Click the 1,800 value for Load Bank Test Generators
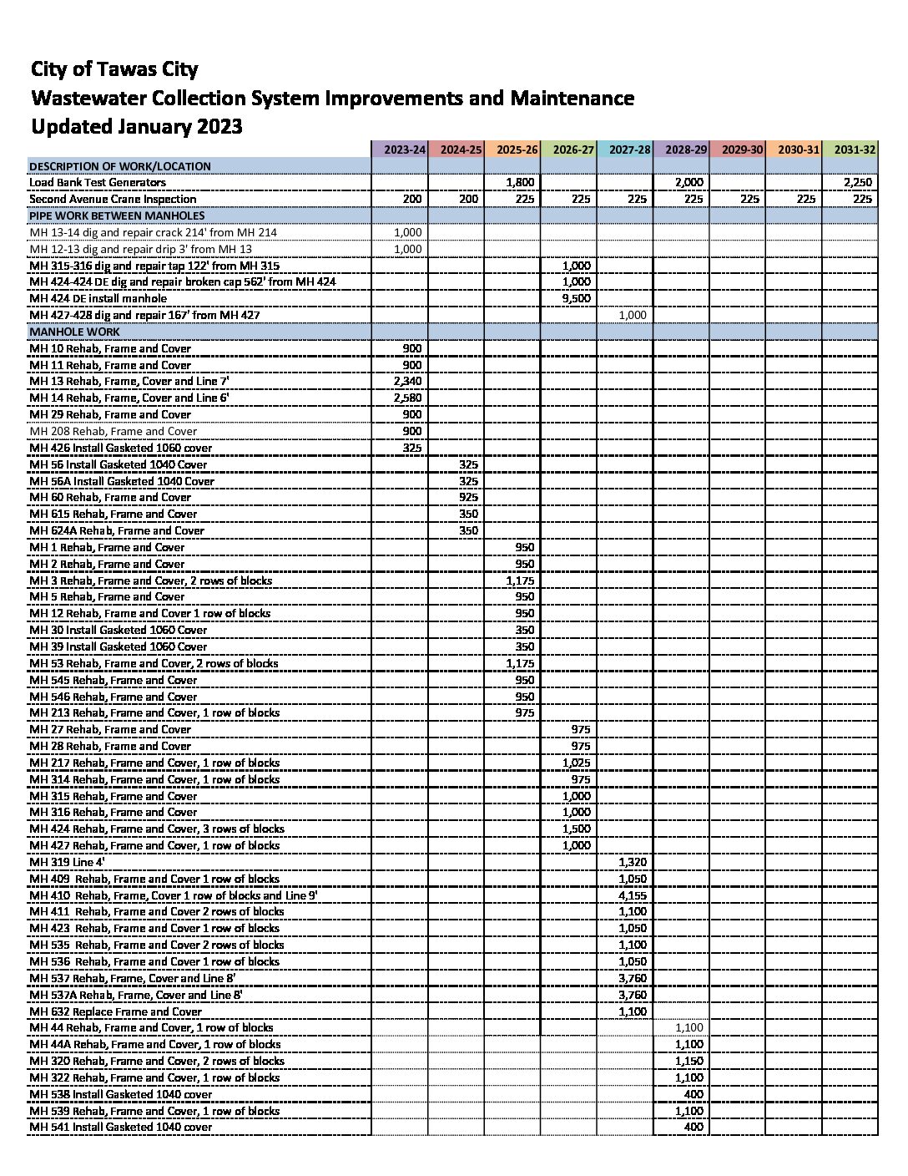pos(521,182)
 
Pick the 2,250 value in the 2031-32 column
pos(859,182)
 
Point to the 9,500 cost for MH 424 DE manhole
pos(577,298)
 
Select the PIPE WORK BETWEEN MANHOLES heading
pos(116,215)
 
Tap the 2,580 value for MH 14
pos(408,398)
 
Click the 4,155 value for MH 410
pos(633,895)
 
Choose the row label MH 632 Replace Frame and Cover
pos(116,1011)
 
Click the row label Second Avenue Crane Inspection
pos(113,199)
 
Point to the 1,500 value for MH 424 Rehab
pos(577,829)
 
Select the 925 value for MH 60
pos(469,497)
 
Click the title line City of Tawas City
pos(114,69)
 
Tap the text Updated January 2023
pos(137,126)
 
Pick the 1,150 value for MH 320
pos(689,1061)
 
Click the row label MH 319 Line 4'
pos(68,861)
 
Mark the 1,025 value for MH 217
pos(577,762)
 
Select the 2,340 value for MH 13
pos(408,381)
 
